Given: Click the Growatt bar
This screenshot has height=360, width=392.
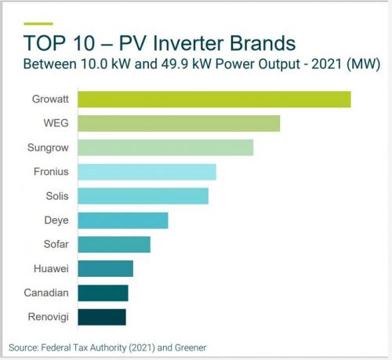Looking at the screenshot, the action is pyautogui.click(x=214, y=100).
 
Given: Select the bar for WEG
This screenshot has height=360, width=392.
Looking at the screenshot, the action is pyautogui.click(x=179, y=123).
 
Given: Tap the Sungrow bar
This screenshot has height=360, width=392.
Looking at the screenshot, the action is pyautogui.click(x=165, y=147).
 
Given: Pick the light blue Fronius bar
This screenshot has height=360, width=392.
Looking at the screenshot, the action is pyautogui.click(x=147, y=172).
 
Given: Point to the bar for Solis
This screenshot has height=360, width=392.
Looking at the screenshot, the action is pyautogui.click(x=143, y=196).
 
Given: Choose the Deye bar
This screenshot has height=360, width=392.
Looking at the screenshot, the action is pyautogui.click(x=123, y=220).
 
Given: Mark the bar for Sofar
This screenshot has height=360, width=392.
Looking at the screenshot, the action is pyautogui.click(x=114, y=245).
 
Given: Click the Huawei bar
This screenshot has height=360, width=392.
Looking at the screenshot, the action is pyautogui.click(x=105, y=269).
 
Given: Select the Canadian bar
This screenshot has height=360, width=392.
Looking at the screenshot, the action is pyautogui.click(x=103, y=293).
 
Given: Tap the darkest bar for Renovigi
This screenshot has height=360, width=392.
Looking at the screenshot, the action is pyautogui.click(x=102, y=317).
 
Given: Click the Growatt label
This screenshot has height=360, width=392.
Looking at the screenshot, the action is pyautogui.click(x=50, y=99).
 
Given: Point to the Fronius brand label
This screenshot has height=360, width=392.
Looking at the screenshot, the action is pyautogui.click(x=51, y=172).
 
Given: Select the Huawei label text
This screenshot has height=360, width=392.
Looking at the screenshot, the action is pyautogui.click(x=51, y=268).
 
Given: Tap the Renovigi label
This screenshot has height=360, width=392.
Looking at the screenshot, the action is pyautogui.click(x=48, y=317).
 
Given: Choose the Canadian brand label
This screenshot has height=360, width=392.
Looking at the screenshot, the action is pyautogui.click(x=46, y=293).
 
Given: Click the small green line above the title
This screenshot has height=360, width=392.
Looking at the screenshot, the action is pyautogui.click(x=38, y=24).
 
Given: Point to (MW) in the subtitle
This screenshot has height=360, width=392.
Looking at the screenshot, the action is pyautogui.click(x=363, y=64).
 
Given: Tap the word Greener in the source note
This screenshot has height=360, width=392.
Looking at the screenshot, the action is pyautogui.click(x=191, y=347).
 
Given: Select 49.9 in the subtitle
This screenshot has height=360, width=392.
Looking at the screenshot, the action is pyautogui.click(x=174, y=64).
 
